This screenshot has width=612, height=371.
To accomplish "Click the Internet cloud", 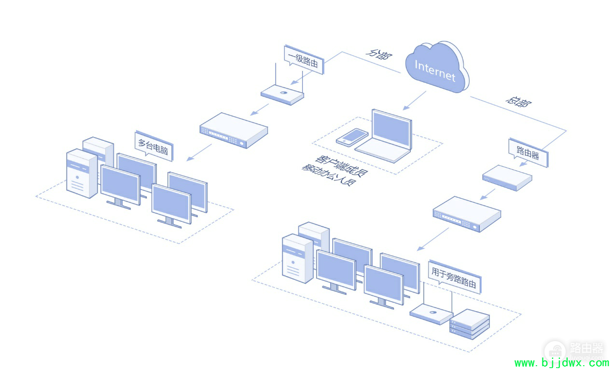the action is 437,67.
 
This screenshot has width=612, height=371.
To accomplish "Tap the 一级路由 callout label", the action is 304,59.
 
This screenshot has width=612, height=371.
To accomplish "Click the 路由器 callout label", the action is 528,152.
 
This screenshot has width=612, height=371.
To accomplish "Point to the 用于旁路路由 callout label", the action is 454,277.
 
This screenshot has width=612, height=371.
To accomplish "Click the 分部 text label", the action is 379,54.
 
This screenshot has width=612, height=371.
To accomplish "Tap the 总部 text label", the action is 518,101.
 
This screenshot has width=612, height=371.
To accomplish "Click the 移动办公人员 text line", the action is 329,175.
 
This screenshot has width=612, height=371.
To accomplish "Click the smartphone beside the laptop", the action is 352,137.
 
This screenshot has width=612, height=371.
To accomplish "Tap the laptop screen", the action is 392,129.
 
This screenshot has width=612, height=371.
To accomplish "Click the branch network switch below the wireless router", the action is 234,130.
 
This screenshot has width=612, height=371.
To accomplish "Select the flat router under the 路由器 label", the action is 507,178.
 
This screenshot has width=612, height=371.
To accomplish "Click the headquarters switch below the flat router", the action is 467,214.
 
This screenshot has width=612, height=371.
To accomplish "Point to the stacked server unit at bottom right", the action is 470,324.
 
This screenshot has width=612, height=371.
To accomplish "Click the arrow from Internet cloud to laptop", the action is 415,100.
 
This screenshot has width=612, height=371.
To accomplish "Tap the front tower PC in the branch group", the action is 82,173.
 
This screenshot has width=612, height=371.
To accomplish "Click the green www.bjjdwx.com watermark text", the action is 562,363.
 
